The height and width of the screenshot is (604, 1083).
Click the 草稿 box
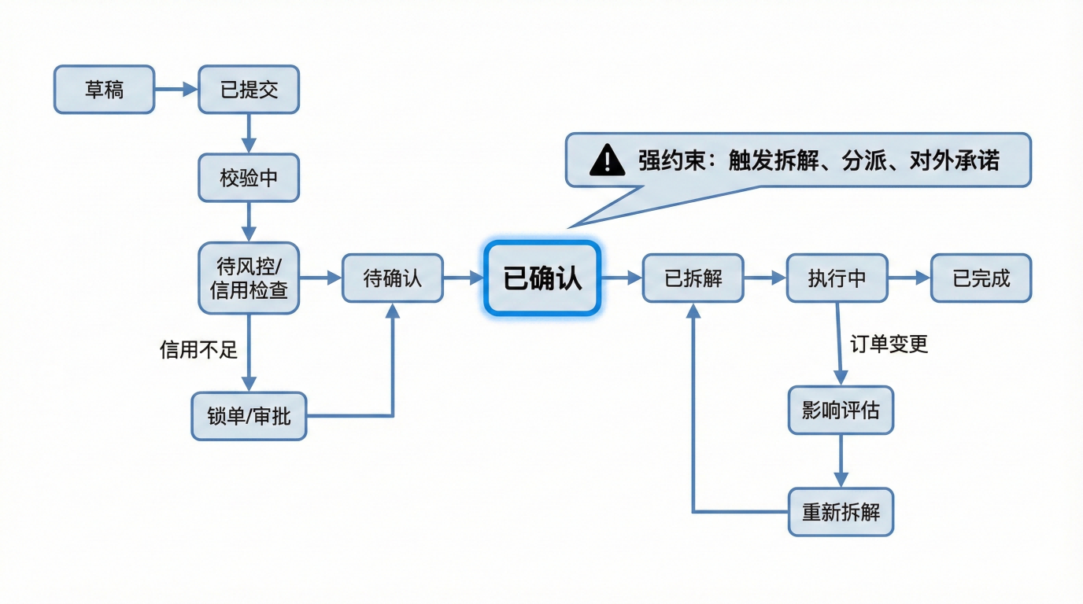104,90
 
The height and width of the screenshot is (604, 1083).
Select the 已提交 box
249,90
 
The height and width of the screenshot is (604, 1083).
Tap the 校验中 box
249,178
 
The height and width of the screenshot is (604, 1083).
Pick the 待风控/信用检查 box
249,277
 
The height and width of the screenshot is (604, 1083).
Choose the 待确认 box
392,278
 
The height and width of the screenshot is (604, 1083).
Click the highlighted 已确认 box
542,278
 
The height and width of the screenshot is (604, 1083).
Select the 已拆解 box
693,278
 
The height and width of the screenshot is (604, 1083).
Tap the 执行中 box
837,278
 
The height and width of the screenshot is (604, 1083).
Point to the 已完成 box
981,278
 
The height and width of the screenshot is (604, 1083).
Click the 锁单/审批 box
249,416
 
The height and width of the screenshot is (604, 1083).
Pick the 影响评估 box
841,410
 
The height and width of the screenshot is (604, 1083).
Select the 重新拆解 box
841,512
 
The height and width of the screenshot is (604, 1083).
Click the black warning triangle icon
607,160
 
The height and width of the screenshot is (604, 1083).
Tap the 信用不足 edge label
198,349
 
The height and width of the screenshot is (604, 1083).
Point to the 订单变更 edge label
889,344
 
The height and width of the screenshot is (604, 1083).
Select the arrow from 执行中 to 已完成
909,278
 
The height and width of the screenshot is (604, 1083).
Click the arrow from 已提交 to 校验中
249,133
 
